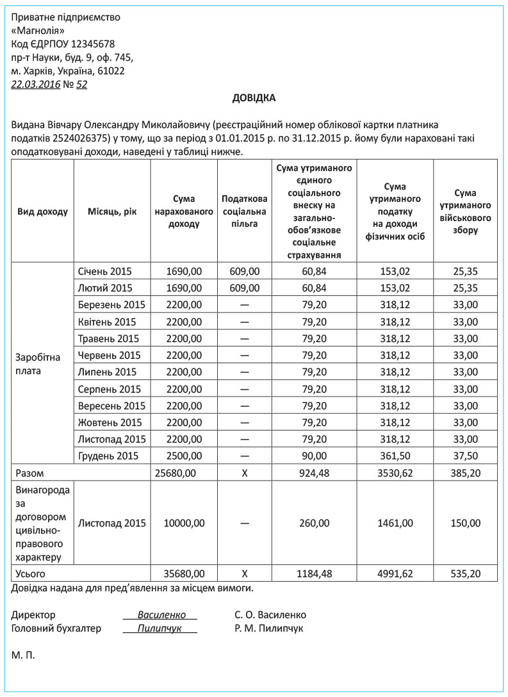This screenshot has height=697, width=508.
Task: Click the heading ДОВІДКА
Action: point(254,98)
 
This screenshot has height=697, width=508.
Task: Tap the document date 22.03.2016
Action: point(36,85)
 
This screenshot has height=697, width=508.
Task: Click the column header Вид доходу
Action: point(42,211)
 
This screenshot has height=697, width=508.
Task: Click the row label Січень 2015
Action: point(105,271)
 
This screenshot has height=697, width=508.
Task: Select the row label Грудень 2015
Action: point(109,456)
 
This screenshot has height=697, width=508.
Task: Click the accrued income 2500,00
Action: point(184,456)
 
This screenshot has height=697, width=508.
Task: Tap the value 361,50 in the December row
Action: point(395,456)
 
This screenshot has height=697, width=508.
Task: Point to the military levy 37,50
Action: point(466,456)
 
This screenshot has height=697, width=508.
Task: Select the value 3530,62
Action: point(395,473)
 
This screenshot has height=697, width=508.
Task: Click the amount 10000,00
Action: point(184,523)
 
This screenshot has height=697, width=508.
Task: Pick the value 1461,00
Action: point(395,523)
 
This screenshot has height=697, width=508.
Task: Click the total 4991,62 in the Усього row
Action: point(395,574)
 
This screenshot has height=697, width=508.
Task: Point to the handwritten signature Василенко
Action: point(160,615)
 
